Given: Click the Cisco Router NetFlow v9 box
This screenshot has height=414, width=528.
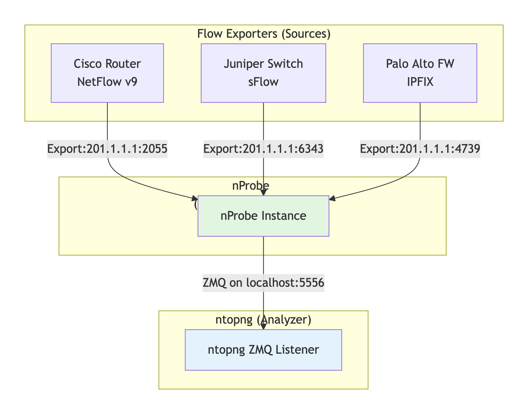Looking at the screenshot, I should click(x=107, y=73).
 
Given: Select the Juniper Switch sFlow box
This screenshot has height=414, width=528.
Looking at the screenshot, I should click(x=263, y=73).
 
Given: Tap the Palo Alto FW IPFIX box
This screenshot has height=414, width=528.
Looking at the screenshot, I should click(x=420, y=73).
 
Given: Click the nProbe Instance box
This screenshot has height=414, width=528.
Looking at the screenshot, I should click(x=263, y=216).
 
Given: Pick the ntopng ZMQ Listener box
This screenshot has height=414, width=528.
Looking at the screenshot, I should click(x=263, y=350).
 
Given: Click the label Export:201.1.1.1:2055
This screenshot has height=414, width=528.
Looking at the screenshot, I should click(x=107, y=149).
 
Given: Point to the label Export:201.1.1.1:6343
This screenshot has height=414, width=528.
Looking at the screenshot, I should click(x=263, y=149).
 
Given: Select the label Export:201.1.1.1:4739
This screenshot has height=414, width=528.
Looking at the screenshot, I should click(x=420, y=149).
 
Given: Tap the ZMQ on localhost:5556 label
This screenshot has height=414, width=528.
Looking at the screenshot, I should click(x=263, y=283).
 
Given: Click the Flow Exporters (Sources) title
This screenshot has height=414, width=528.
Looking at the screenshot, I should click(x=264, y=34).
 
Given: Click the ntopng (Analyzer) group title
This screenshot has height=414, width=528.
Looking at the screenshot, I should click(x=263, y=320).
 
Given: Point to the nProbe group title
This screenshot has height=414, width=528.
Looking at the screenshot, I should click(x=250, y=186).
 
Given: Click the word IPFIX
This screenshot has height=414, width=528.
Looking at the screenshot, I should click(x=420, y=82).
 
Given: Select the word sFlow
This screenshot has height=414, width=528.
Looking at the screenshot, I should click(x=263, y=82).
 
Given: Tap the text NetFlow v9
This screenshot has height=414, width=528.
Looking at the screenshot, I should click(x=107, y=82).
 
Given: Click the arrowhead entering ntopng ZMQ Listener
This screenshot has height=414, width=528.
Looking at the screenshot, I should click(x=263, y=326).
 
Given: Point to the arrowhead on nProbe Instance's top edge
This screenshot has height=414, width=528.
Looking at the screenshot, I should click(x=263, y=193).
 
